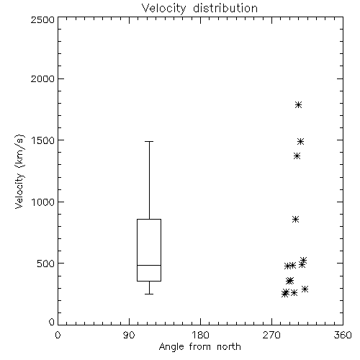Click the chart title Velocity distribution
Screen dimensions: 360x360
pos(199,9)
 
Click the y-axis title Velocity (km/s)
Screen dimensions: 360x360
pos(19,171)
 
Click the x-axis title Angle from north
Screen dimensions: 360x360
pos(199,347)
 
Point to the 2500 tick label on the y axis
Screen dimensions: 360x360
pos(42,19)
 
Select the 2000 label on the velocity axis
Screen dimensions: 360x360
pos(42,78)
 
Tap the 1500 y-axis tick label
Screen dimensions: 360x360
pos(43,140)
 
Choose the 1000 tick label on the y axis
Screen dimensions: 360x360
pos(43,202)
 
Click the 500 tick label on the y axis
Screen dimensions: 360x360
pos(46,264)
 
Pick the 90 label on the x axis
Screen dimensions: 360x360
pos(129,335)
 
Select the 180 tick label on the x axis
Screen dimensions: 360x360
pos(200,335)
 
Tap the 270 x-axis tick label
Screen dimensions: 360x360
pos(271,335)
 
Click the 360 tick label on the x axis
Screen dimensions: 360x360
pos(343,335)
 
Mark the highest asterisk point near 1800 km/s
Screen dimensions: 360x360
pos(298,104)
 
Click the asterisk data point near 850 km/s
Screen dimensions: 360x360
pos(296,219)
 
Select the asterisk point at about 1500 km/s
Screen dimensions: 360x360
pos(301,141)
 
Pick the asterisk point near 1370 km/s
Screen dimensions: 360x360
pos(297,156)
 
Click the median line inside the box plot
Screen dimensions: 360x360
pos(149,265)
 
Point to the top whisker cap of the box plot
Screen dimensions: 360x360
pos(149,142)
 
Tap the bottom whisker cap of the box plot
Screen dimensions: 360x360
pos(149,294)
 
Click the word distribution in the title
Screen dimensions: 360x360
pos(225,9)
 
